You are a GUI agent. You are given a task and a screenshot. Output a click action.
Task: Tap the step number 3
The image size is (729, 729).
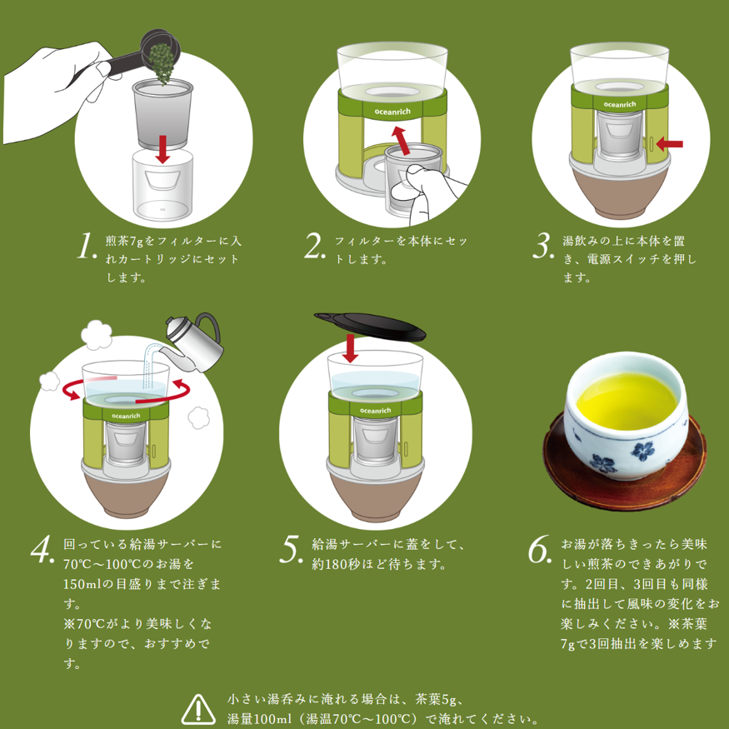tap(543, 247)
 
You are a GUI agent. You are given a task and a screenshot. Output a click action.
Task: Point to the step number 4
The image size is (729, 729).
tap(44, 549)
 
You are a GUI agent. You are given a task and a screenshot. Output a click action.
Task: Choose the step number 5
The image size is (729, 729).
tap(291, 549)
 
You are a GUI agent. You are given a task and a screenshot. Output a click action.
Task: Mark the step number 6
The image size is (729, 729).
tap(539, 549)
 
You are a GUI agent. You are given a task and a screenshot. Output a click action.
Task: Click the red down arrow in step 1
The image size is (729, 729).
tap(163, 146)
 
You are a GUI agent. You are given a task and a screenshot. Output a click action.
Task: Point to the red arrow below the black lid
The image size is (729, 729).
tap(351, 347)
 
